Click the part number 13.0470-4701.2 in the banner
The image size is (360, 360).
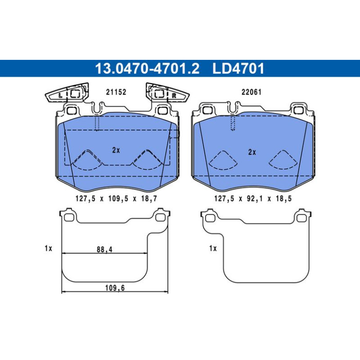click(x=147, y=68)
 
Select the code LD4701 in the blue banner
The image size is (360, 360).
click(x=238, y=68)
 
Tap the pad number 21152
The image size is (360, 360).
click(x=116, y=92)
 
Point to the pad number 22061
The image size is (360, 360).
click(x=252, y=92)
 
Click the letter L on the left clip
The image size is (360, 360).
click(x=60, y=95)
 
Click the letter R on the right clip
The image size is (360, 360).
click(x=174, y=95)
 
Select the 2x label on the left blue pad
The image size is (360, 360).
click(x=116, y=150)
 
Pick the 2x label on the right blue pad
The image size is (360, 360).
click(x=252, y=152)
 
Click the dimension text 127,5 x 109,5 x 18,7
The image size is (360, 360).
click(x=116, y=198)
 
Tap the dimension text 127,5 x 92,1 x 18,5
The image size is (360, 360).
click(x=253, y=198)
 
